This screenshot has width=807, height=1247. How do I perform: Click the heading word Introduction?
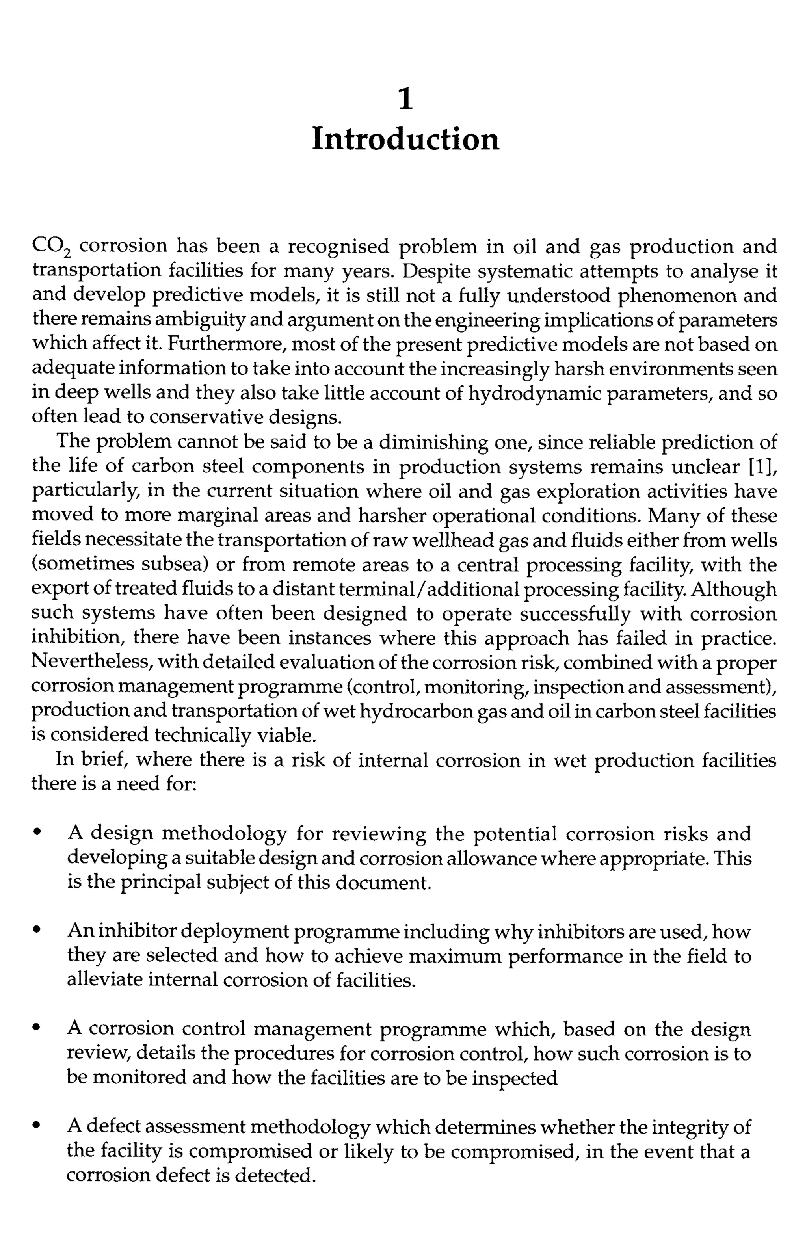[x=405, y=139]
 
